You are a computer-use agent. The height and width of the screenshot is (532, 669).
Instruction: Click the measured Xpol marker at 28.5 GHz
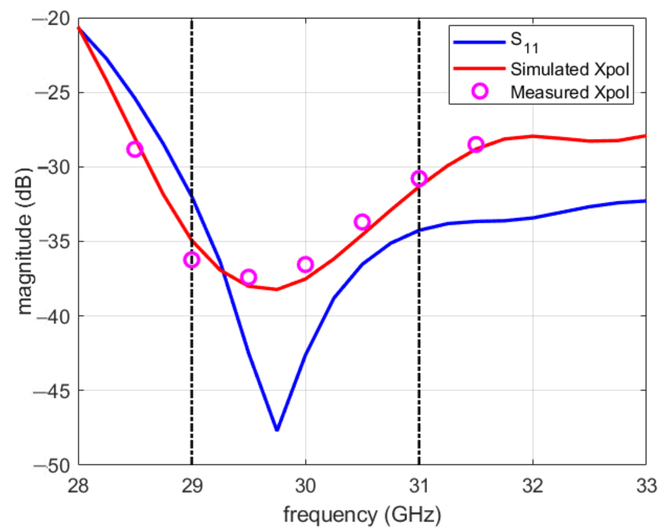(135, 149)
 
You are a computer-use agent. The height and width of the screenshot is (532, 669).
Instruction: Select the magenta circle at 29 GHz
(192, 260)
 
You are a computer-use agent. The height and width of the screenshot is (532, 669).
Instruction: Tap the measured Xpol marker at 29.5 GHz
(248, 277)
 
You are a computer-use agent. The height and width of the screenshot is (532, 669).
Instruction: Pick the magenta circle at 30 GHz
(305, 264)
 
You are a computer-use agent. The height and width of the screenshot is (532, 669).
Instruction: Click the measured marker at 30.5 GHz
(362, 222)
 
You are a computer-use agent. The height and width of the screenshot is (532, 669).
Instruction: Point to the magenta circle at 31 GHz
(419, 178)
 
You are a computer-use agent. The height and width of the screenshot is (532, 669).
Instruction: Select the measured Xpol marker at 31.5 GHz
(476, 144)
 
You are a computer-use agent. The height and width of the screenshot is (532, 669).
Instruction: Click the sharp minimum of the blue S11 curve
(277, 430)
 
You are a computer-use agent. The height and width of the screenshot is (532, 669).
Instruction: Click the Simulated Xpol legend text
(570, 69)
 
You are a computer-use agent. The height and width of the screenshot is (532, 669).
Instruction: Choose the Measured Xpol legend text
(570, 92)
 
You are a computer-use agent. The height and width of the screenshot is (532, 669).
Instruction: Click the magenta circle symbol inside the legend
(480, 91)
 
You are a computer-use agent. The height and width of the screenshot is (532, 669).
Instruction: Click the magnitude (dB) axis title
(25, 242)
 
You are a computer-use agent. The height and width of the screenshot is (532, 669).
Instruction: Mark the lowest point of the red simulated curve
(276, 289)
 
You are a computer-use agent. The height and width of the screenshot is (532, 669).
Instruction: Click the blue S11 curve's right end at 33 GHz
(646, 201)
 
